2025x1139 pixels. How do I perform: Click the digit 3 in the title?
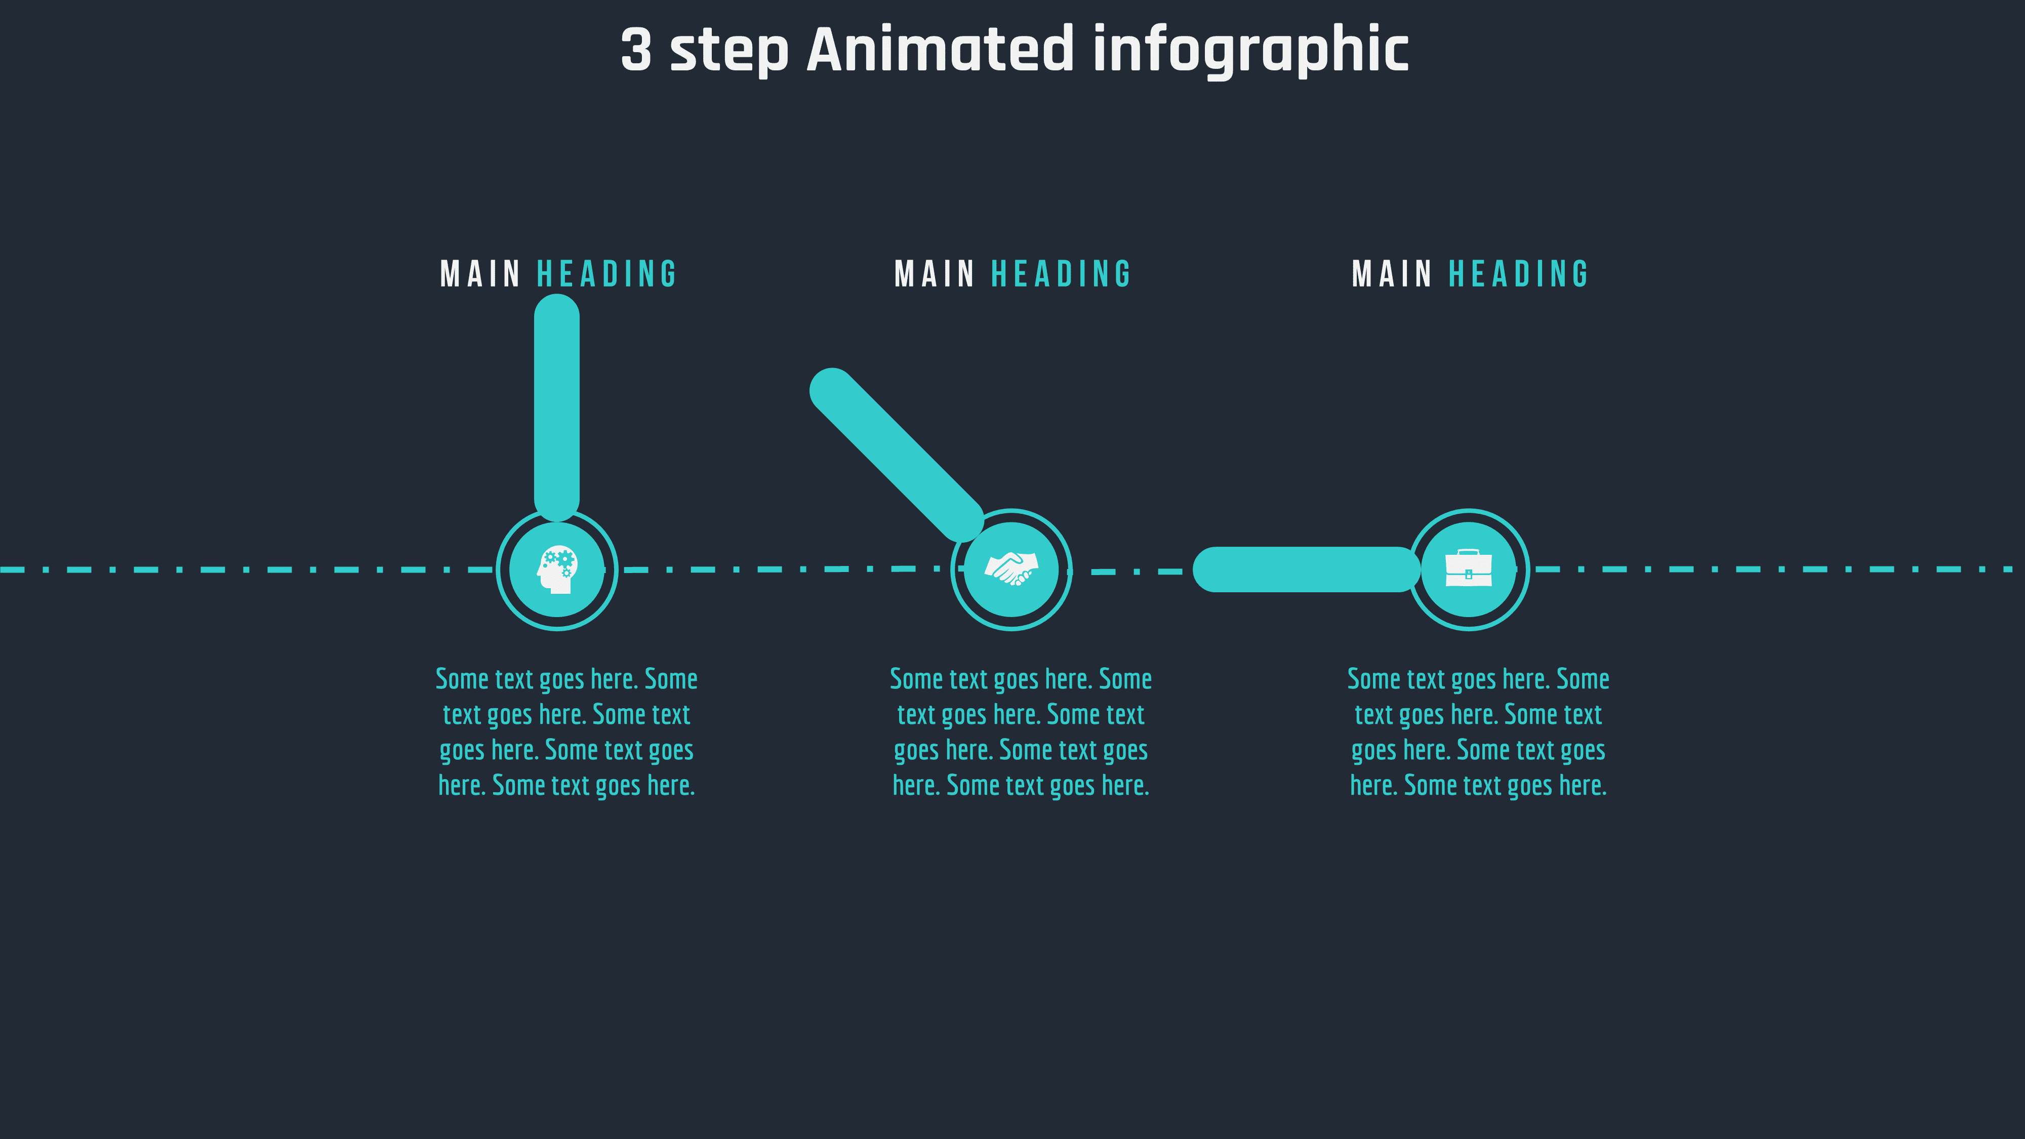pyautogui.click(x=636, y=50)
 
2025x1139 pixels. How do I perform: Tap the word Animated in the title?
pyautogui.click(x=940, y=50)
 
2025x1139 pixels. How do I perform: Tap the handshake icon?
pyautogui.click(x=1011, y=568)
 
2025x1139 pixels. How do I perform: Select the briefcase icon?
pyautogui.click(x=1469, y=568)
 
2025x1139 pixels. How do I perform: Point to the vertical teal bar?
pyautogui.click(x=556, y=407)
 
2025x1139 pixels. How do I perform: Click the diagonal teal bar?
pyautogui.click(x=896, y=455)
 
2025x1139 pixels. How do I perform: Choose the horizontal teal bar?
pyautogui.click(x=1306, y=569)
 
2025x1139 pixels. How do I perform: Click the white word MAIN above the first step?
pyautogui.click(x=479, y=274)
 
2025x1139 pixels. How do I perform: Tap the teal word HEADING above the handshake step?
pyautogui.click(x=1061, y=274)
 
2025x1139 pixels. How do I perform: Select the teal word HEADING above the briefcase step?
pyautogui.click(x=1518, y=274)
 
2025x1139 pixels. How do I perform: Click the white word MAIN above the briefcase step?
pyautogui.click(x=1391, y=274)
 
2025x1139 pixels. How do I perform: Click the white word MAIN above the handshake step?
pyautogui.click(x=934, y=274)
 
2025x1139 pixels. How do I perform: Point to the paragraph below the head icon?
pyautogui.click(x=566, y=732)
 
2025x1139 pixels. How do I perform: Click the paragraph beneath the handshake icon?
pyautogui.click(x=1021, y=732)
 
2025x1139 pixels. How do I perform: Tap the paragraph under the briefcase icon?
pyautogui.click(x=1478, y=732)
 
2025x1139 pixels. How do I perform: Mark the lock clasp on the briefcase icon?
pyautogui.click(x=1469, y=574)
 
